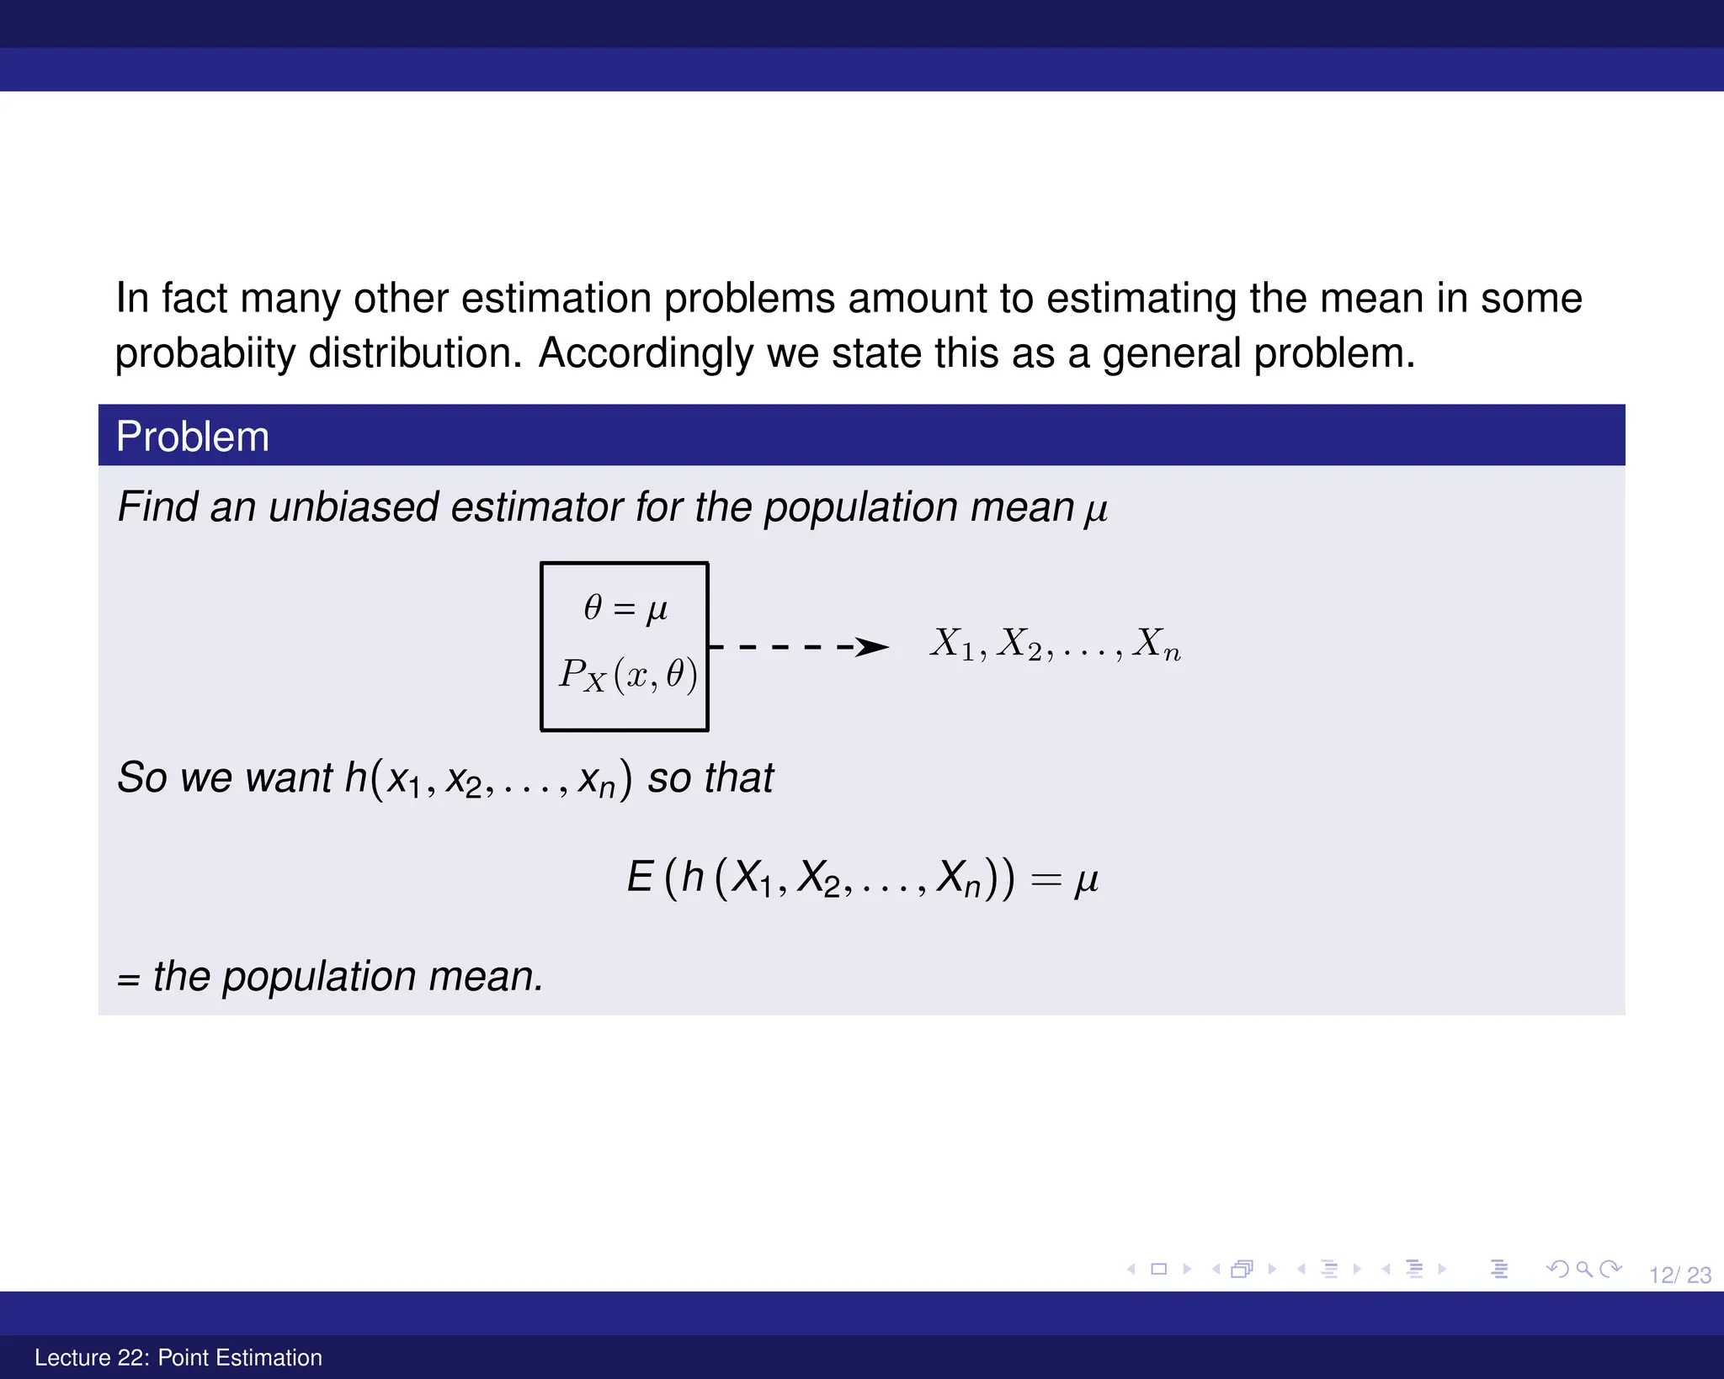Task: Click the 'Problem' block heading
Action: click(x=193, y=437)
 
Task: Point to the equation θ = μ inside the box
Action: click(x=625, y=607)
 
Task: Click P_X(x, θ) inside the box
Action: click(x=628, y=675)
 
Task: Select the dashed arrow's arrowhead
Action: click(x=873, y=647)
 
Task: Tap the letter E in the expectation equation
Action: click(x=640, y=878)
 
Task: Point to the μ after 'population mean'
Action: click(x=1096, y=510)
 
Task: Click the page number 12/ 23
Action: click(x=1679, y=1276)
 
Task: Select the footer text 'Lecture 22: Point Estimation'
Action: click(x=178, y=1357)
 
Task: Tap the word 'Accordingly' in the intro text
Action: click(x=646, y=353)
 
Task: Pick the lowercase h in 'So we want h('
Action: click(x=355, y=777)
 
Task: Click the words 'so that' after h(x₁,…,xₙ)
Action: click(x=710, y=777)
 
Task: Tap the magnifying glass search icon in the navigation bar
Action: click(x=1584, y=1269)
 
